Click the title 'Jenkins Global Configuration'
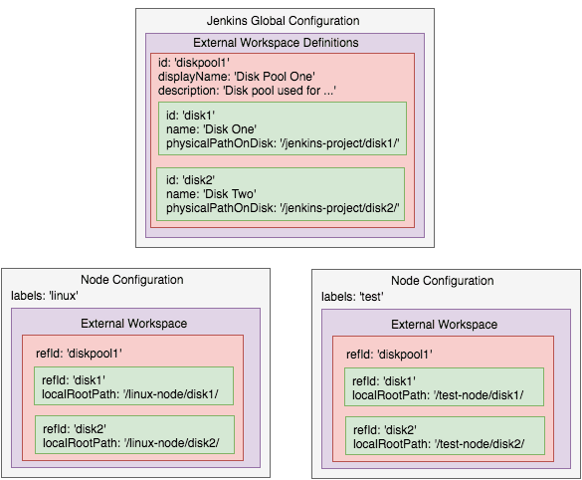(x=284, y=21)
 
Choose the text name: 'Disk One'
(x=212, y=128)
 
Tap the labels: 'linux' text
(x=45, y=296)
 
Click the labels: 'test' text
(x=353, y=297)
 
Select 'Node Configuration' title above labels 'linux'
(x=132, y=280)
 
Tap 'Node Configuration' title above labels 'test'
(x=442, y=281)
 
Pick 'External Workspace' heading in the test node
(x=444, y=324)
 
